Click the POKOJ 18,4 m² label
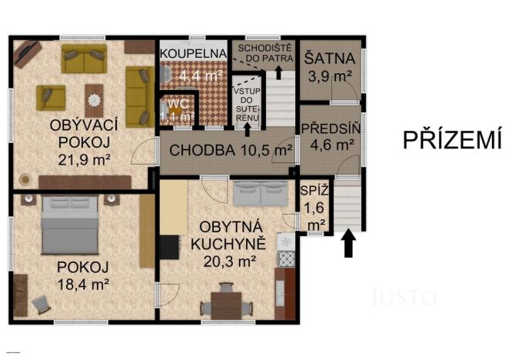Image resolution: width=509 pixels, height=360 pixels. (82, 275)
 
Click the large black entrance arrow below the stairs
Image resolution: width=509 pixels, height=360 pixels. (348, 245)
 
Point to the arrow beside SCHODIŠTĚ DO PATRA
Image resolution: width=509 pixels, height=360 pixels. (277, 73)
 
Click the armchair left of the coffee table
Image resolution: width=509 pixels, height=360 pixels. (51, 97)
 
